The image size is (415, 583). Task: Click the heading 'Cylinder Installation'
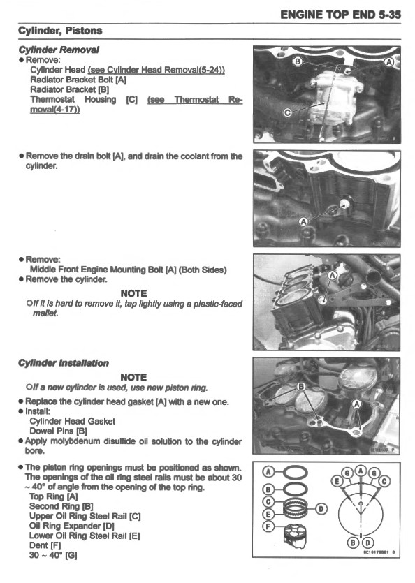(x=64, y=362)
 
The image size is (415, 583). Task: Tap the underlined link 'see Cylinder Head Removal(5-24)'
(x=160, y=70)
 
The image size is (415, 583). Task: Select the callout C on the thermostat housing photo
(x=287, y=112)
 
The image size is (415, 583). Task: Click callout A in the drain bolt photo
(x=303, y=221)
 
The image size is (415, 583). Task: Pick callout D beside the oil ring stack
(x=321, y=508)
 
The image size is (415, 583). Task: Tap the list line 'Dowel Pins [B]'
(x=58, y=431)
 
